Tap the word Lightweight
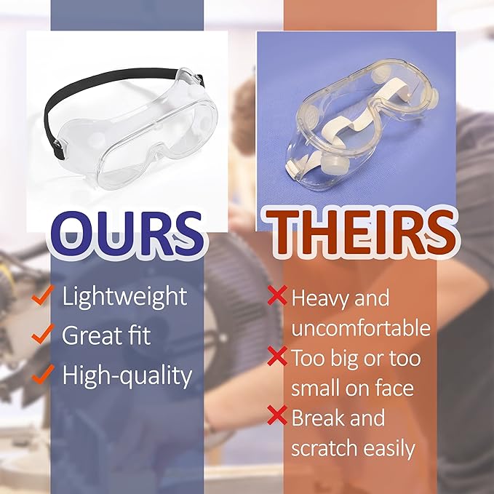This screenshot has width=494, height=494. tap(124, 297)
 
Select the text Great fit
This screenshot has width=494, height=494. tap(107, 336)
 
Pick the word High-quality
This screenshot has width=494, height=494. tap(127, 375)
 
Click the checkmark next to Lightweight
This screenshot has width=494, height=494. tap(43, 296)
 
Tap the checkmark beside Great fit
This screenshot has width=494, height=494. tap(43, 335)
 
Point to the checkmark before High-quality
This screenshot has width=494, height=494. tap(43, 374)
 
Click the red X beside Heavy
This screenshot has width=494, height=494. tap(276, 295)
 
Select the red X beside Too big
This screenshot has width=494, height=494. tap(276, 356)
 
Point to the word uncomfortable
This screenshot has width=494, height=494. tap(361, 328)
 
